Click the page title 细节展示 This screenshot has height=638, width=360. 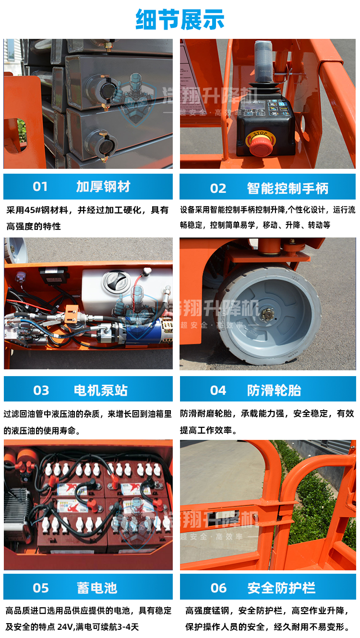point(180,20)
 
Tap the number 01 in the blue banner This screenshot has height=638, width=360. point(40,187)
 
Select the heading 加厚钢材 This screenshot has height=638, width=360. point(103,187)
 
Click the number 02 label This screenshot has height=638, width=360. point(218,188)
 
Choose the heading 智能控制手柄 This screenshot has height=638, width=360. point(288,188)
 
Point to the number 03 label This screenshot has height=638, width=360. point(41,390)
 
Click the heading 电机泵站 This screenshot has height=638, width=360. point(101,390)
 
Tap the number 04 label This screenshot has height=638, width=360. point(218,390)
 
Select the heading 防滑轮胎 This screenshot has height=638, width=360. point(274,390)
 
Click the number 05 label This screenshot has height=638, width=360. point(41,588)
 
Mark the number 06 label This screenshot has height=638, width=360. point(218,588)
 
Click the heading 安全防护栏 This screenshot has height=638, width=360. point(281,588)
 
